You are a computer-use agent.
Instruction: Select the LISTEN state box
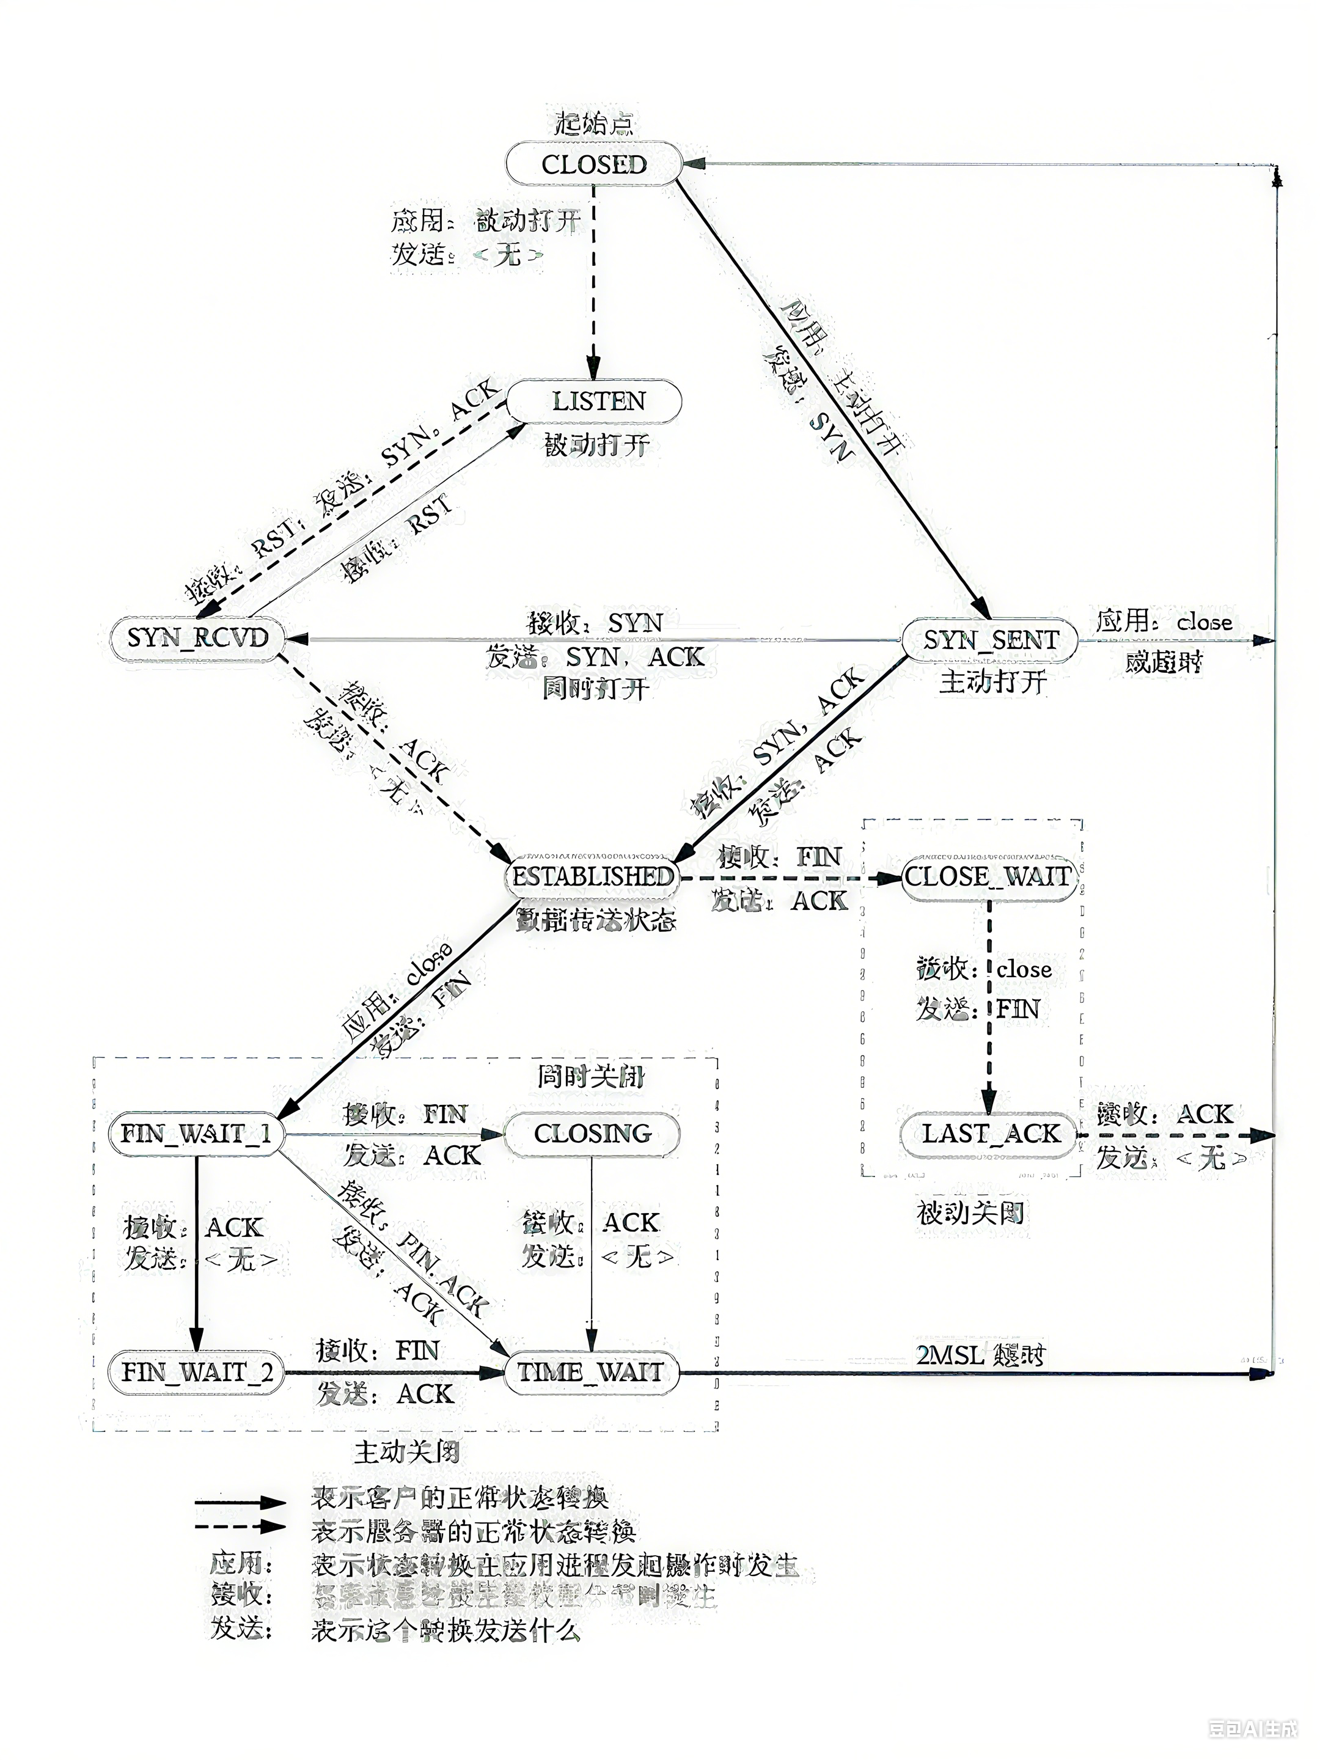[x=595, y=401]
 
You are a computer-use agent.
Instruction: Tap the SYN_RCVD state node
[x=198, y=638]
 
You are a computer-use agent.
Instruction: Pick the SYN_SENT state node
[x=990, y=640]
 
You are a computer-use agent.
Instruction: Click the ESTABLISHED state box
[x=592, y=877]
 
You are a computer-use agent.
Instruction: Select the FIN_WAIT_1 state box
[x=196, y=1134]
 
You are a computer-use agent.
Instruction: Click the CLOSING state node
[x=592, y=1134]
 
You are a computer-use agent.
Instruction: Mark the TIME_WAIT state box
[x=592, y=1372]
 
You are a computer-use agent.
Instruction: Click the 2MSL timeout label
[x=980, y=1354]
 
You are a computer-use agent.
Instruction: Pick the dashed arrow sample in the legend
[x=240, y=1526]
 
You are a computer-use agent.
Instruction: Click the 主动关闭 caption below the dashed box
[x=406, y=1453]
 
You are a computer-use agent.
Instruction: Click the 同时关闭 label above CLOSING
[x=590, y=1077]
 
